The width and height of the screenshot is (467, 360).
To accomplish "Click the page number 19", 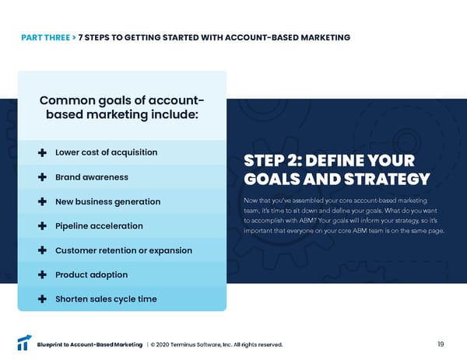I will point(441,344).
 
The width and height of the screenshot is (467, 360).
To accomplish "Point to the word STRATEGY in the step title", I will point(388,180).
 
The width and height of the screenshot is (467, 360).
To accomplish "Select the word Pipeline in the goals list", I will point(75,226).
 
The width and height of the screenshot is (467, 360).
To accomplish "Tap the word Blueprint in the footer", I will point(53,345).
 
